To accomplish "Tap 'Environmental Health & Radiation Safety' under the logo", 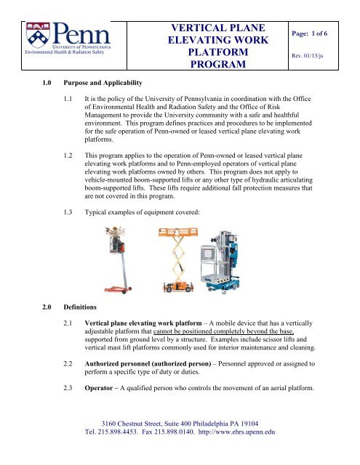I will coord(48,52).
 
